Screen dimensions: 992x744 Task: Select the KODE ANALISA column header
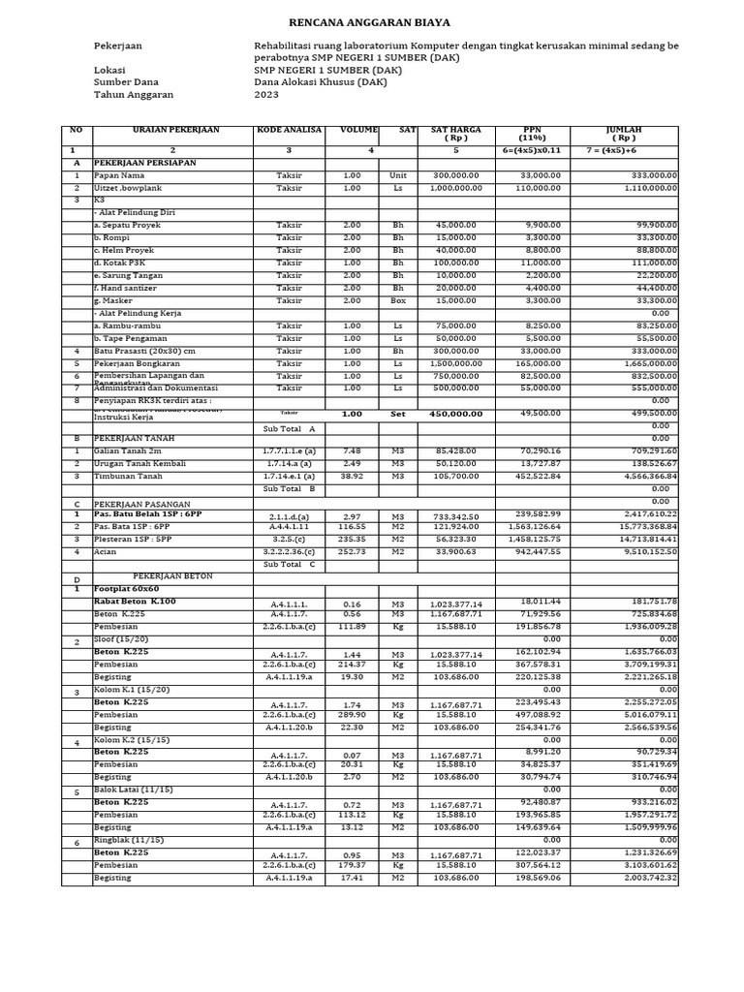coord(289,130)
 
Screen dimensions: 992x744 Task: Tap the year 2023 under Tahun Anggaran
coord(266,95)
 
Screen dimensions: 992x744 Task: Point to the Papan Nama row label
coord(113,175)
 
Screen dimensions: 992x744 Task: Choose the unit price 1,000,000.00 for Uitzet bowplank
coord(455,188)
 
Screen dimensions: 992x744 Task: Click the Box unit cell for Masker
coord(397,300)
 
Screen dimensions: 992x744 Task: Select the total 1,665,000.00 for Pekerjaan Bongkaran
coord(645,363)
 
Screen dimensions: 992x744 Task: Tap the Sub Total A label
coord(289,426)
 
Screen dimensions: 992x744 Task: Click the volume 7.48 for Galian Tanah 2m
coord(352,451)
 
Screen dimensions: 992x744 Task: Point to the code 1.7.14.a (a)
coord(289,464)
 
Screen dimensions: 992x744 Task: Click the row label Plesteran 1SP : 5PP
coord(133,540)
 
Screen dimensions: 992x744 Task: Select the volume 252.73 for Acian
coord(352,551)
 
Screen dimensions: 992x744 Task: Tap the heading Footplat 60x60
coord(126,589)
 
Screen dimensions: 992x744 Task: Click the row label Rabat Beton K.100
coord(135,602)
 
